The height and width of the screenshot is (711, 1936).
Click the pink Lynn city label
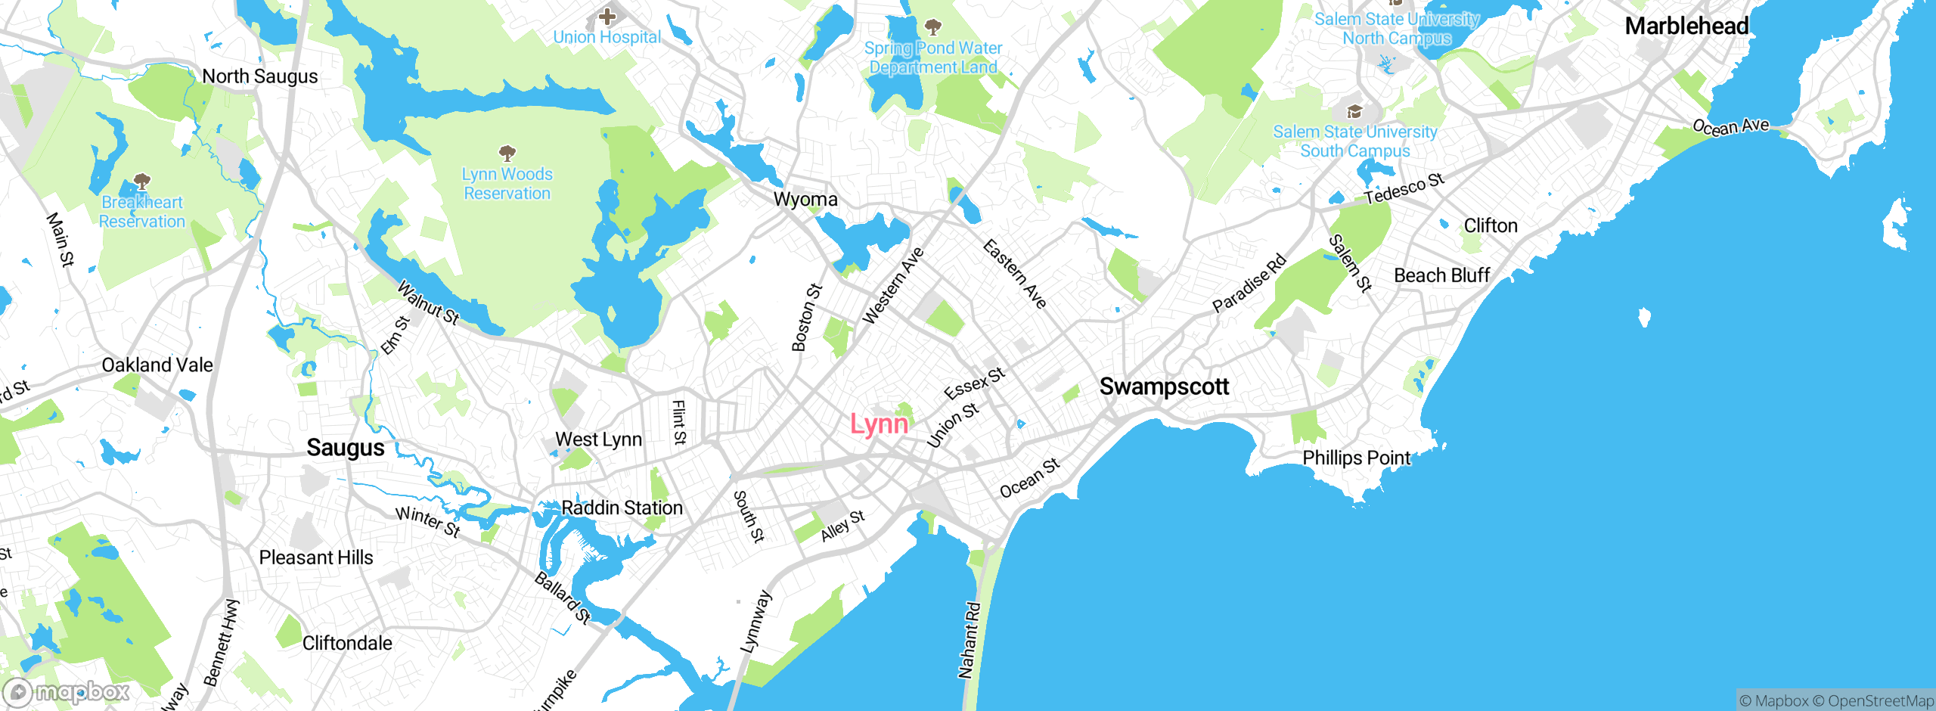(879, 424)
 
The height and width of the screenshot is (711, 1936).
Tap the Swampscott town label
(1164, 387)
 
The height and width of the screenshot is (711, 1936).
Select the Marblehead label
(1686, 26)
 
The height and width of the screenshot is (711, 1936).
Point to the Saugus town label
(346, 448)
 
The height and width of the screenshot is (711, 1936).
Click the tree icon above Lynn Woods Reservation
(507, 154)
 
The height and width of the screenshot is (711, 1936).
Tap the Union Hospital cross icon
(607, 16)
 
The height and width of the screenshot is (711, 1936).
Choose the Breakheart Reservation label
(142, 212)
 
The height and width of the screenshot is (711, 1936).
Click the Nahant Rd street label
(969, 640)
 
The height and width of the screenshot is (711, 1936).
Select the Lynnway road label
(756, 621)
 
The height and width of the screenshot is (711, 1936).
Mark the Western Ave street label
(893, 286)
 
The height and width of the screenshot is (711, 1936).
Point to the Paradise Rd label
(1249, 284)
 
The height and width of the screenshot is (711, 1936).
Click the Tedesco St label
(1404, 188)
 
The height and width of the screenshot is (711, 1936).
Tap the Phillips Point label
(1356, 458)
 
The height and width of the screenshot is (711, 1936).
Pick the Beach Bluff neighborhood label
(1441, 275)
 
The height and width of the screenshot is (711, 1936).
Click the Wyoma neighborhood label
(805, 200)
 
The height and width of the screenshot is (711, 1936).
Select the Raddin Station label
(622, 508)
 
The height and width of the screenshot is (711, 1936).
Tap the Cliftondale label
(347, 643)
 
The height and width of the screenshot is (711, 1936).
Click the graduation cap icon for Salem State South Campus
(1354, 113)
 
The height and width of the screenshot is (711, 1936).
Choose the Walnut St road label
(428, 303)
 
